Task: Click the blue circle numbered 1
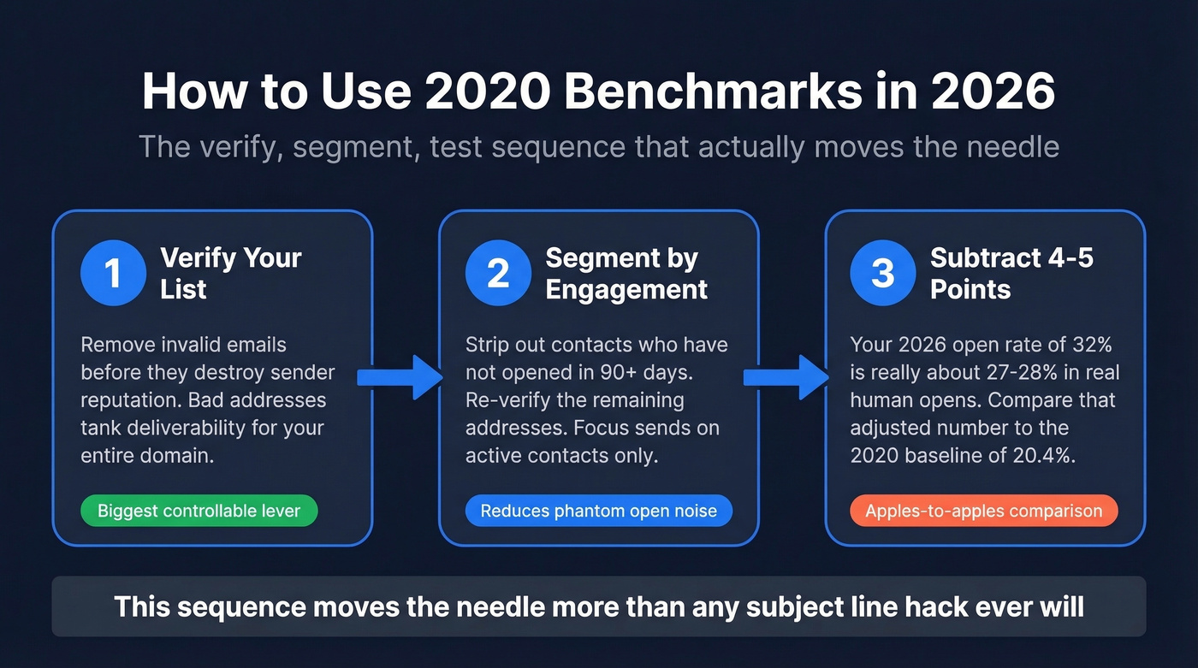[x=113, y=273]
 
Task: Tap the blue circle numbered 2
[x=498, y=273]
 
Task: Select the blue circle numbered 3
[x=883, y=273]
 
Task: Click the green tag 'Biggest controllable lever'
[x=199, y=511]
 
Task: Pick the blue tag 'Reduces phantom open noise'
[x=599, y=511]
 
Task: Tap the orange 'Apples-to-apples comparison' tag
[x=983, y=511]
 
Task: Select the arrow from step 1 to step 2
[x=397, y=376]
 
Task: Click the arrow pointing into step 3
[x=784, y=376]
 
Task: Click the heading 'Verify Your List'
[x=230, y=273]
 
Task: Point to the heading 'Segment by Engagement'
[x=626, y=273]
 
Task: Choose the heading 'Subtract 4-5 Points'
[x=1011, y=273]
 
